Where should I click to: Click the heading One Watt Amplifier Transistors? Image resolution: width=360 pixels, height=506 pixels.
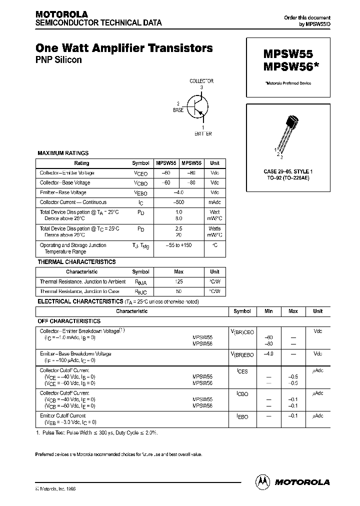click(124, 48)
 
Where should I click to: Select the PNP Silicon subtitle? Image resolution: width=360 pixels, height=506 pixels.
click(58, 60)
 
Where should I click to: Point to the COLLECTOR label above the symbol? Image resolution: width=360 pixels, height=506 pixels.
click(201, 81)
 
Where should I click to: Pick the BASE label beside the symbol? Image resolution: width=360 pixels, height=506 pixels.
click(178, 109)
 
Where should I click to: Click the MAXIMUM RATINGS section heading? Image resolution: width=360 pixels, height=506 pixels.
click(63, 153)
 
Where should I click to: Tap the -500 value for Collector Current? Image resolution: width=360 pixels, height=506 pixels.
click(179, 202)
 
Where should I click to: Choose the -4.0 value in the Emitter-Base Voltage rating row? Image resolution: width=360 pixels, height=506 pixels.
click(179, 192)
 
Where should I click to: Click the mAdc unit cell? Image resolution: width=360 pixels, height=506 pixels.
click(214, 202)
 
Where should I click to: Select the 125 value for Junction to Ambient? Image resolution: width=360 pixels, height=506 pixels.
click(179, 282)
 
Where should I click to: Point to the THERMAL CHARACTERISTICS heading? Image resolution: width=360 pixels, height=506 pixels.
click(76, 262)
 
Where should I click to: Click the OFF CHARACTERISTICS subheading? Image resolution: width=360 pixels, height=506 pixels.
click(69, 321)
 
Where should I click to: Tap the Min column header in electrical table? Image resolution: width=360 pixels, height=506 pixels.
click(268, 311)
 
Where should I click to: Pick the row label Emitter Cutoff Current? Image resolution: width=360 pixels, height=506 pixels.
click(62, 415)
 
